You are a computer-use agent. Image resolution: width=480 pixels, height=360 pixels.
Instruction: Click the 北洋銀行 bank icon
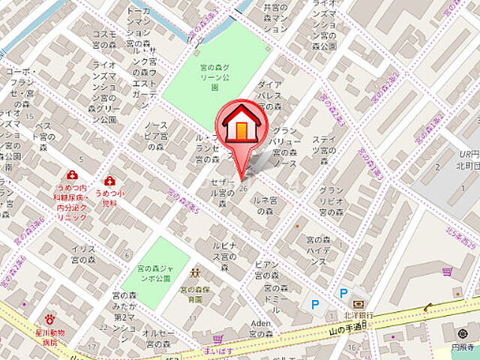coord(358,304)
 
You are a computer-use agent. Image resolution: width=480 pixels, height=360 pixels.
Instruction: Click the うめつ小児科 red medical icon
coord(110,181)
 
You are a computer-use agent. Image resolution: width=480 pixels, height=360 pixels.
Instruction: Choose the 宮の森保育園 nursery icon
coord(196,274)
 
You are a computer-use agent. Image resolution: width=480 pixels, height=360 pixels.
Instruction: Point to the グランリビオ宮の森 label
coord(331,201)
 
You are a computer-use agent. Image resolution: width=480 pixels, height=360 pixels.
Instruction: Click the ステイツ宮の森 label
coord(324,145)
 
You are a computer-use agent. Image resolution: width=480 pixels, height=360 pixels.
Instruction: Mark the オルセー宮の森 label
coord(158,339)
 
